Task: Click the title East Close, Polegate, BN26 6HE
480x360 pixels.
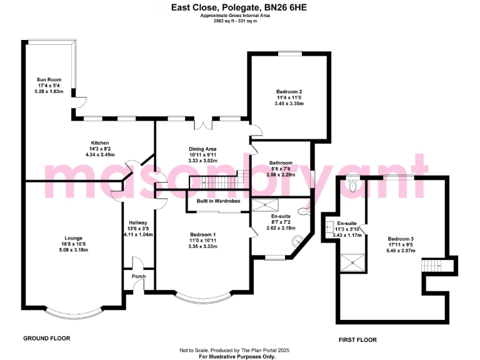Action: click(239, 8)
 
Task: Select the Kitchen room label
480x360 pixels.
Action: click(100, 142)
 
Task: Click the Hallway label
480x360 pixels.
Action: click(137, 222)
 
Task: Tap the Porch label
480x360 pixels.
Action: click(137, 277)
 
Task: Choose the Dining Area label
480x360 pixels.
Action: click(202, 149)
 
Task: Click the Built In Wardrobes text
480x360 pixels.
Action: click(217, 201)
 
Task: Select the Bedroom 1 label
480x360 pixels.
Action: click(202, 235)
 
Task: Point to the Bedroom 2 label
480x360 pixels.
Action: click(289, 92)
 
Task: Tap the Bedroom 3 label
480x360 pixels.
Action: click(401, 239)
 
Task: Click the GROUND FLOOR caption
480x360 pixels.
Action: click(47, 338)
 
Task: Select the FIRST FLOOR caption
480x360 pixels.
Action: click(357, 339)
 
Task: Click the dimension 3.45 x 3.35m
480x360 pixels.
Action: click(289, 104)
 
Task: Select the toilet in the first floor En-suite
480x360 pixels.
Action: click(353, 185)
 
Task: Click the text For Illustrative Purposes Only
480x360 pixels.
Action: click(240, 356)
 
